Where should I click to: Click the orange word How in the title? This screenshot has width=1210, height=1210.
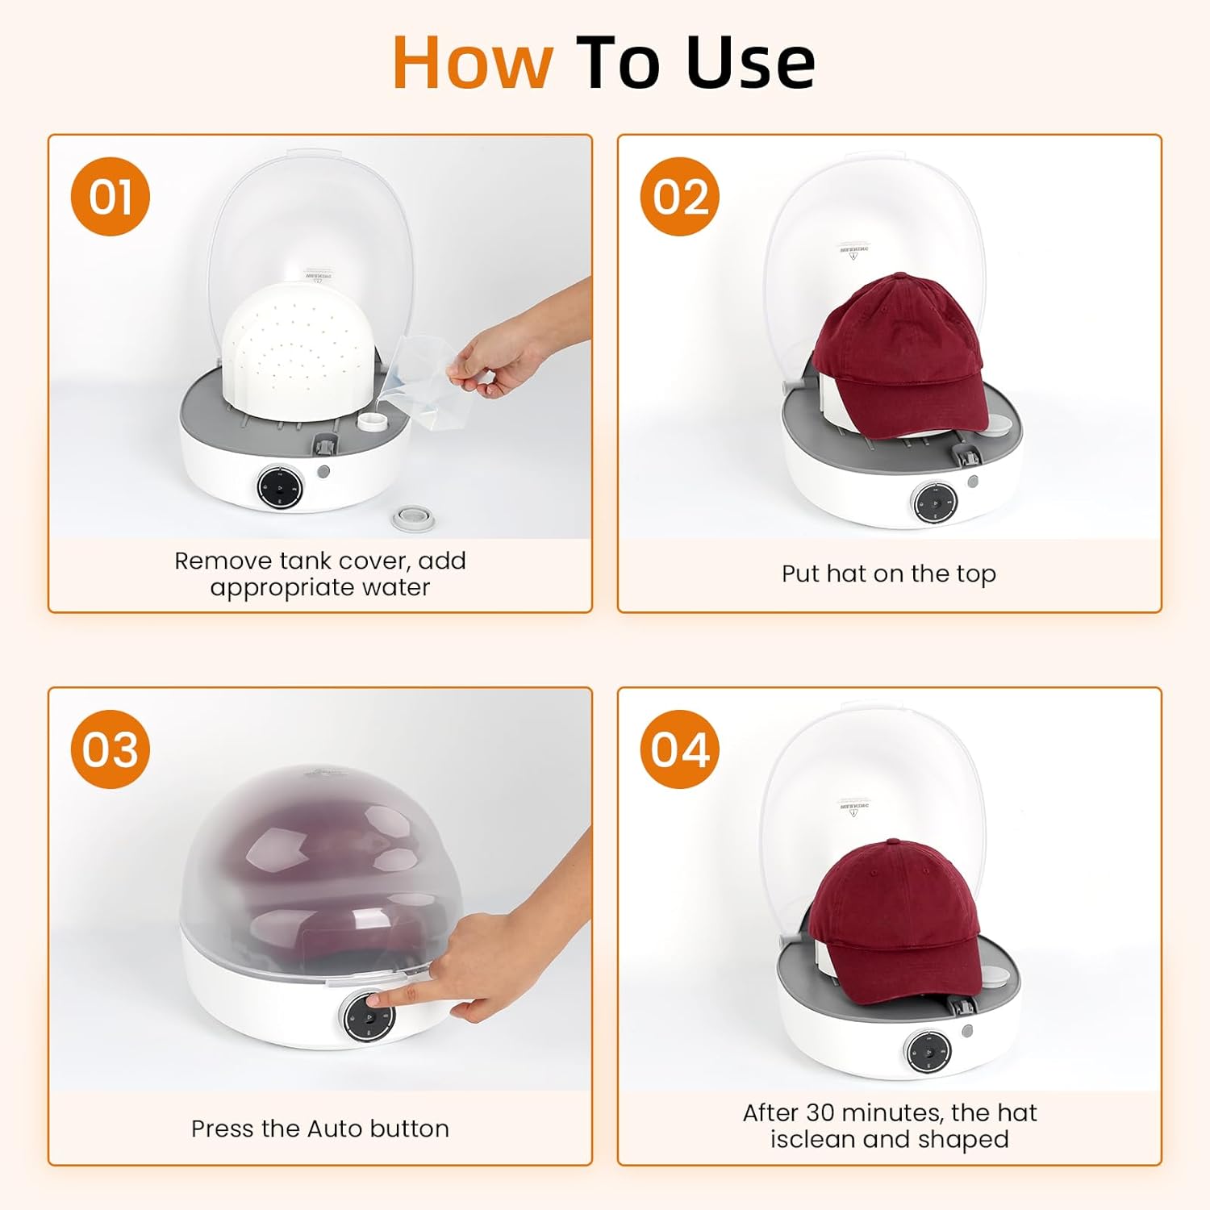click(473, 63)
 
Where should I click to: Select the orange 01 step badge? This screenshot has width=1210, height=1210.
click(111, 197)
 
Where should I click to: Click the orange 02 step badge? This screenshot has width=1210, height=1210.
click(680, 197)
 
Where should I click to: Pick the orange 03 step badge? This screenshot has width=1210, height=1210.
click(111, 749)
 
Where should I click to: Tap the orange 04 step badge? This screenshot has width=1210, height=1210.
click(680, 749)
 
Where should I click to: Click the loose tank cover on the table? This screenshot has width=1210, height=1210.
click(413, 518)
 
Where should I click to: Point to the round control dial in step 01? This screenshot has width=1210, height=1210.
click(280, 487)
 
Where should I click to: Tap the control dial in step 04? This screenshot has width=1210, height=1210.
click(928, 1052)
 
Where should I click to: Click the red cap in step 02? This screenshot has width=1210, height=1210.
click(899, 347)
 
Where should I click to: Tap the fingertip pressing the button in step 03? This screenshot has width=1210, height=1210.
click(376, 1000)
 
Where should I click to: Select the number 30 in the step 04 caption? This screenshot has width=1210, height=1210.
click(820, 1112)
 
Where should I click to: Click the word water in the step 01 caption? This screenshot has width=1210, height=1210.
click(396, 587)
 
